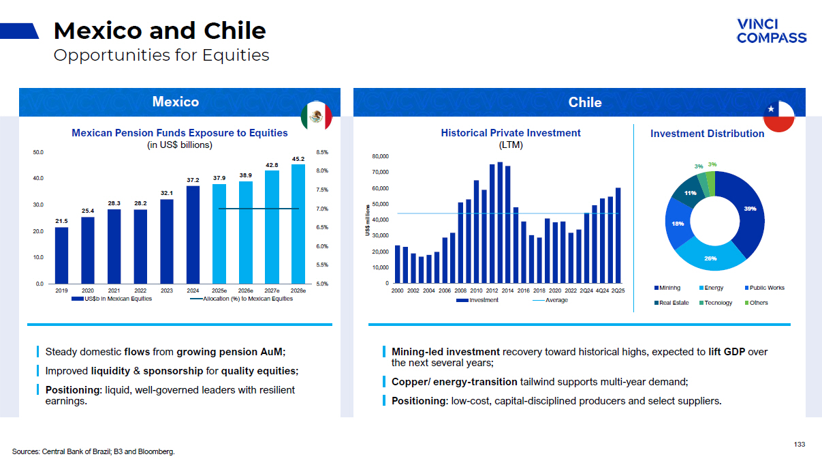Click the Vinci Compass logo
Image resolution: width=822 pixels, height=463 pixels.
tap(771, 31)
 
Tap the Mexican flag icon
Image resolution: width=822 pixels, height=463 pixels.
tap(316, 117)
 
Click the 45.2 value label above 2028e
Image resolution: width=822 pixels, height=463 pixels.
tap(298, 159)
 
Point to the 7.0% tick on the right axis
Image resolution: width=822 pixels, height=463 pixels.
tap(323, 209)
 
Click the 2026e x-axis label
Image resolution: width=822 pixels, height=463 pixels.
tap(246, 290)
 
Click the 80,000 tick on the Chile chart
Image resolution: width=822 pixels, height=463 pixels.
tap(379, 157)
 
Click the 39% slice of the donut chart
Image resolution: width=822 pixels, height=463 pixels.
tap(746, 212)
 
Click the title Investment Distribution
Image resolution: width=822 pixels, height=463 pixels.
tap(707, 134)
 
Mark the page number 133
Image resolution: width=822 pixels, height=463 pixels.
tap(799, 445)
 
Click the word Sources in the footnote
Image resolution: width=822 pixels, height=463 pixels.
tap(25, 451)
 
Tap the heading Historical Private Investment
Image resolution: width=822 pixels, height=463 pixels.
tap(511, 133)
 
